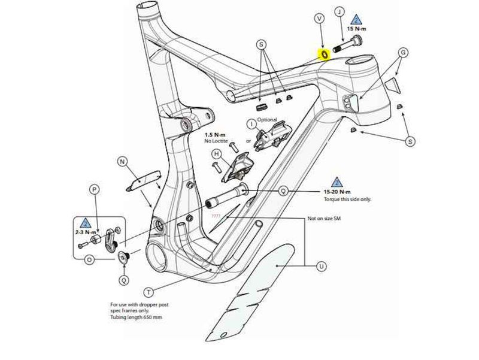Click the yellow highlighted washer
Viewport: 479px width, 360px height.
click(x=324, y=55)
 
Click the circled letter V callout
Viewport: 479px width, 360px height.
click(x=319, y=19)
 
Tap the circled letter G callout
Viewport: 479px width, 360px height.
click(x=404, y=53)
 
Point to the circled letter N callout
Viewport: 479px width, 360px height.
click(x=122, y=162)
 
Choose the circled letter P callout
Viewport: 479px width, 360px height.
click(x=94, y=189)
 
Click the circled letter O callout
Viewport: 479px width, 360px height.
click(x=89, y=260)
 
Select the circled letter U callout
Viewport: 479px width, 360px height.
click(x=322, y=266)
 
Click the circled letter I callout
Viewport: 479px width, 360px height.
click(x=251, y=123)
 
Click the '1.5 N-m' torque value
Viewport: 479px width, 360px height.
click(x=215, y=135)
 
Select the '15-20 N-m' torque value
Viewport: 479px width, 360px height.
click(x=336, y=192)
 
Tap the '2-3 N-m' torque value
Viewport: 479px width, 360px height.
click(x=86, y=231)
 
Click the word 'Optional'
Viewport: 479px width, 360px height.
click(x=267, y=120)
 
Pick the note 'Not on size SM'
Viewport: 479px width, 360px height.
click(x=324, y=219)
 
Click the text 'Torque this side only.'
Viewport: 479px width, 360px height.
click(x=347, y=198)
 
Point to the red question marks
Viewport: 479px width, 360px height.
click(x=216, y=215)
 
